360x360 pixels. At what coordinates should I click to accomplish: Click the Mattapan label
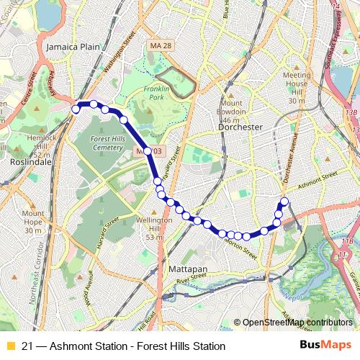187,268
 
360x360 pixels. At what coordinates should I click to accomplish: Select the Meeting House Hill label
297,88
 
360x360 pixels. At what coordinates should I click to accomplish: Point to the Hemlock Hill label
35,142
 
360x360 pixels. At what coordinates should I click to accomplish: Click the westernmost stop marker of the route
76,109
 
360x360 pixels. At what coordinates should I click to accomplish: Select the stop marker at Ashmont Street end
284,201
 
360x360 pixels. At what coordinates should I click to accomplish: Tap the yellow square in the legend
10,346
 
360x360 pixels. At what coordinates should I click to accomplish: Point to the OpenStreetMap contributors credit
297,323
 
